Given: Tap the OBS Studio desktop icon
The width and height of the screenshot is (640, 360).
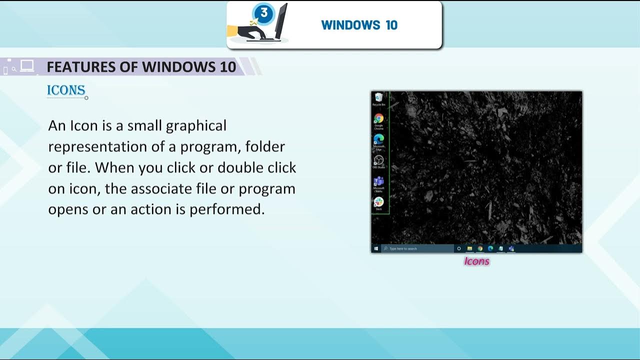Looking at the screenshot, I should pos(378,160).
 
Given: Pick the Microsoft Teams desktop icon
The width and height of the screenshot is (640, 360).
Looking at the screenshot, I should pos(378,181).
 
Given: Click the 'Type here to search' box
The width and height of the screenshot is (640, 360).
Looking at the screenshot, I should pos(417,248).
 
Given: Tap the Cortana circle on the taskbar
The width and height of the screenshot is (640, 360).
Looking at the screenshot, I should pos(459,248).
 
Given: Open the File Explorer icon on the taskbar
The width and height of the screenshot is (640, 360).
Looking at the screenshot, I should pos(469,248).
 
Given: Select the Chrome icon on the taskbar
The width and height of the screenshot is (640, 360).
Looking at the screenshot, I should pos(480,248).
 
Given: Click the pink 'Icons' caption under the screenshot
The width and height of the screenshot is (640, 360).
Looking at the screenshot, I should pos(476,261).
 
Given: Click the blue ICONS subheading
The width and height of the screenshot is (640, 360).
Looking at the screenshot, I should pos(66,90).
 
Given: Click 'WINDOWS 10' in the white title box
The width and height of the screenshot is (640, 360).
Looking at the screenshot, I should pos(359,25).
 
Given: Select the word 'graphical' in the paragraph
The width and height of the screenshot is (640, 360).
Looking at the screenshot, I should pos(196,125).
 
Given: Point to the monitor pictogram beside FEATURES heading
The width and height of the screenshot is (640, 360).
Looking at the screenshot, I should pos(27,66).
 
